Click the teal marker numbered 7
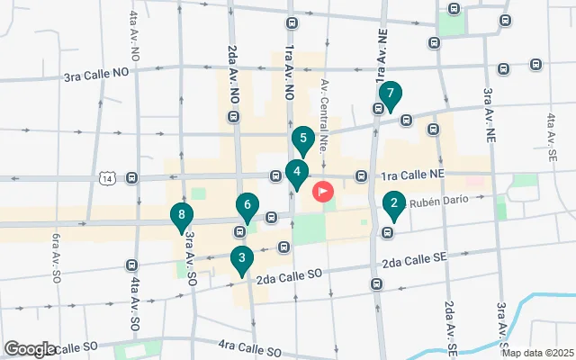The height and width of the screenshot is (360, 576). [x=390, y=94]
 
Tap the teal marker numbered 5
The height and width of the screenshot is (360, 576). [x=303, y=139]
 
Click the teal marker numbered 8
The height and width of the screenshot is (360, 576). [x=182, y=216]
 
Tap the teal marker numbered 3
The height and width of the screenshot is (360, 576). [x=240, y=260]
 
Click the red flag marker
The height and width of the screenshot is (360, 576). [x=322, y=192]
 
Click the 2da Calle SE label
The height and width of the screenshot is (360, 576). [x=414, y=262]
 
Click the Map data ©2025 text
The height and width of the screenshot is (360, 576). [x=537, y=353]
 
